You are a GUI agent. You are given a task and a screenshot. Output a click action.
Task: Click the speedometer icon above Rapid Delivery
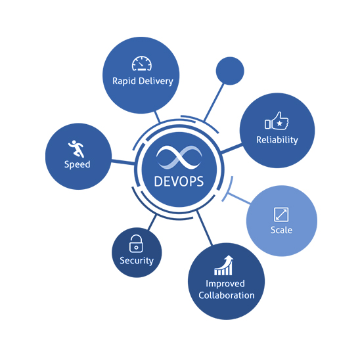(142, 63)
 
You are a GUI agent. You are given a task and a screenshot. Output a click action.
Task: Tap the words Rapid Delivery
(143, 81)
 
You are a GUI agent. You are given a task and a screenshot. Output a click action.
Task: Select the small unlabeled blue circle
(230, 71)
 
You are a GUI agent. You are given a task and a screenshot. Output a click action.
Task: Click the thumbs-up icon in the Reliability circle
(277, 121)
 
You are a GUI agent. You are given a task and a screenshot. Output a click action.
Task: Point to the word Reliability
(277, 140)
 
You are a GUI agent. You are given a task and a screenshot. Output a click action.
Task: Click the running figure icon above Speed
(76, 148)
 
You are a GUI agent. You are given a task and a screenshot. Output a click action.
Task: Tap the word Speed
(77, 164)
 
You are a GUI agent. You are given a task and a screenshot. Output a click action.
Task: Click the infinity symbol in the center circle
(179, 157)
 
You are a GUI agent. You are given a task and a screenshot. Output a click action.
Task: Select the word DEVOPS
(179, 181)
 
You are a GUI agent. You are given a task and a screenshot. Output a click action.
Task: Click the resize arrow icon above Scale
(281, 214)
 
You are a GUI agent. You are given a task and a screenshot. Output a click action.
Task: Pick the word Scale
(281, 230)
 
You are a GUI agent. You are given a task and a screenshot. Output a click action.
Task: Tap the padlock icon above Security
(136, 243)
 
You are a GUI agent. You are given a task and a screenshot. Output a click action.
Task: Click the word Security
(137, 261)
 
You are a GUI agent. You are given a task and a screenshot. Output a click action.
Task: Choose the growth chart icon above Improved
(223, 265)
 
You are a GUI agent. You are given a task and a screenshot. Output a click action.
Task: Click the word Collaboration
(227, 295)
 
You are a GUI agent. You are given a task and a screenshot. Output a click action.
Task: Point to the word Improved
(225, 284)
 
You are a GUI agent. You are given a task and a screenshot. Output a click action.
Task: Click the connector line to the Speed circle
(123, 162)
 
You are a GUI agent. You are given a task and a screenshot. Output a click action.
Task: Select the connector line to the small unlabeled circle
(214, 102)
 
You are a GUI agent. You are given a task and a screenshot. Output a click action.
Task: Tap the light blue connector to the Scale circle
(239, 198)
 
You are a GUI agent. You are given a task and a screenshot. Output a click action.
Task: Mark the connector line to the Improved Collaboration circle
(204, 228)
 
